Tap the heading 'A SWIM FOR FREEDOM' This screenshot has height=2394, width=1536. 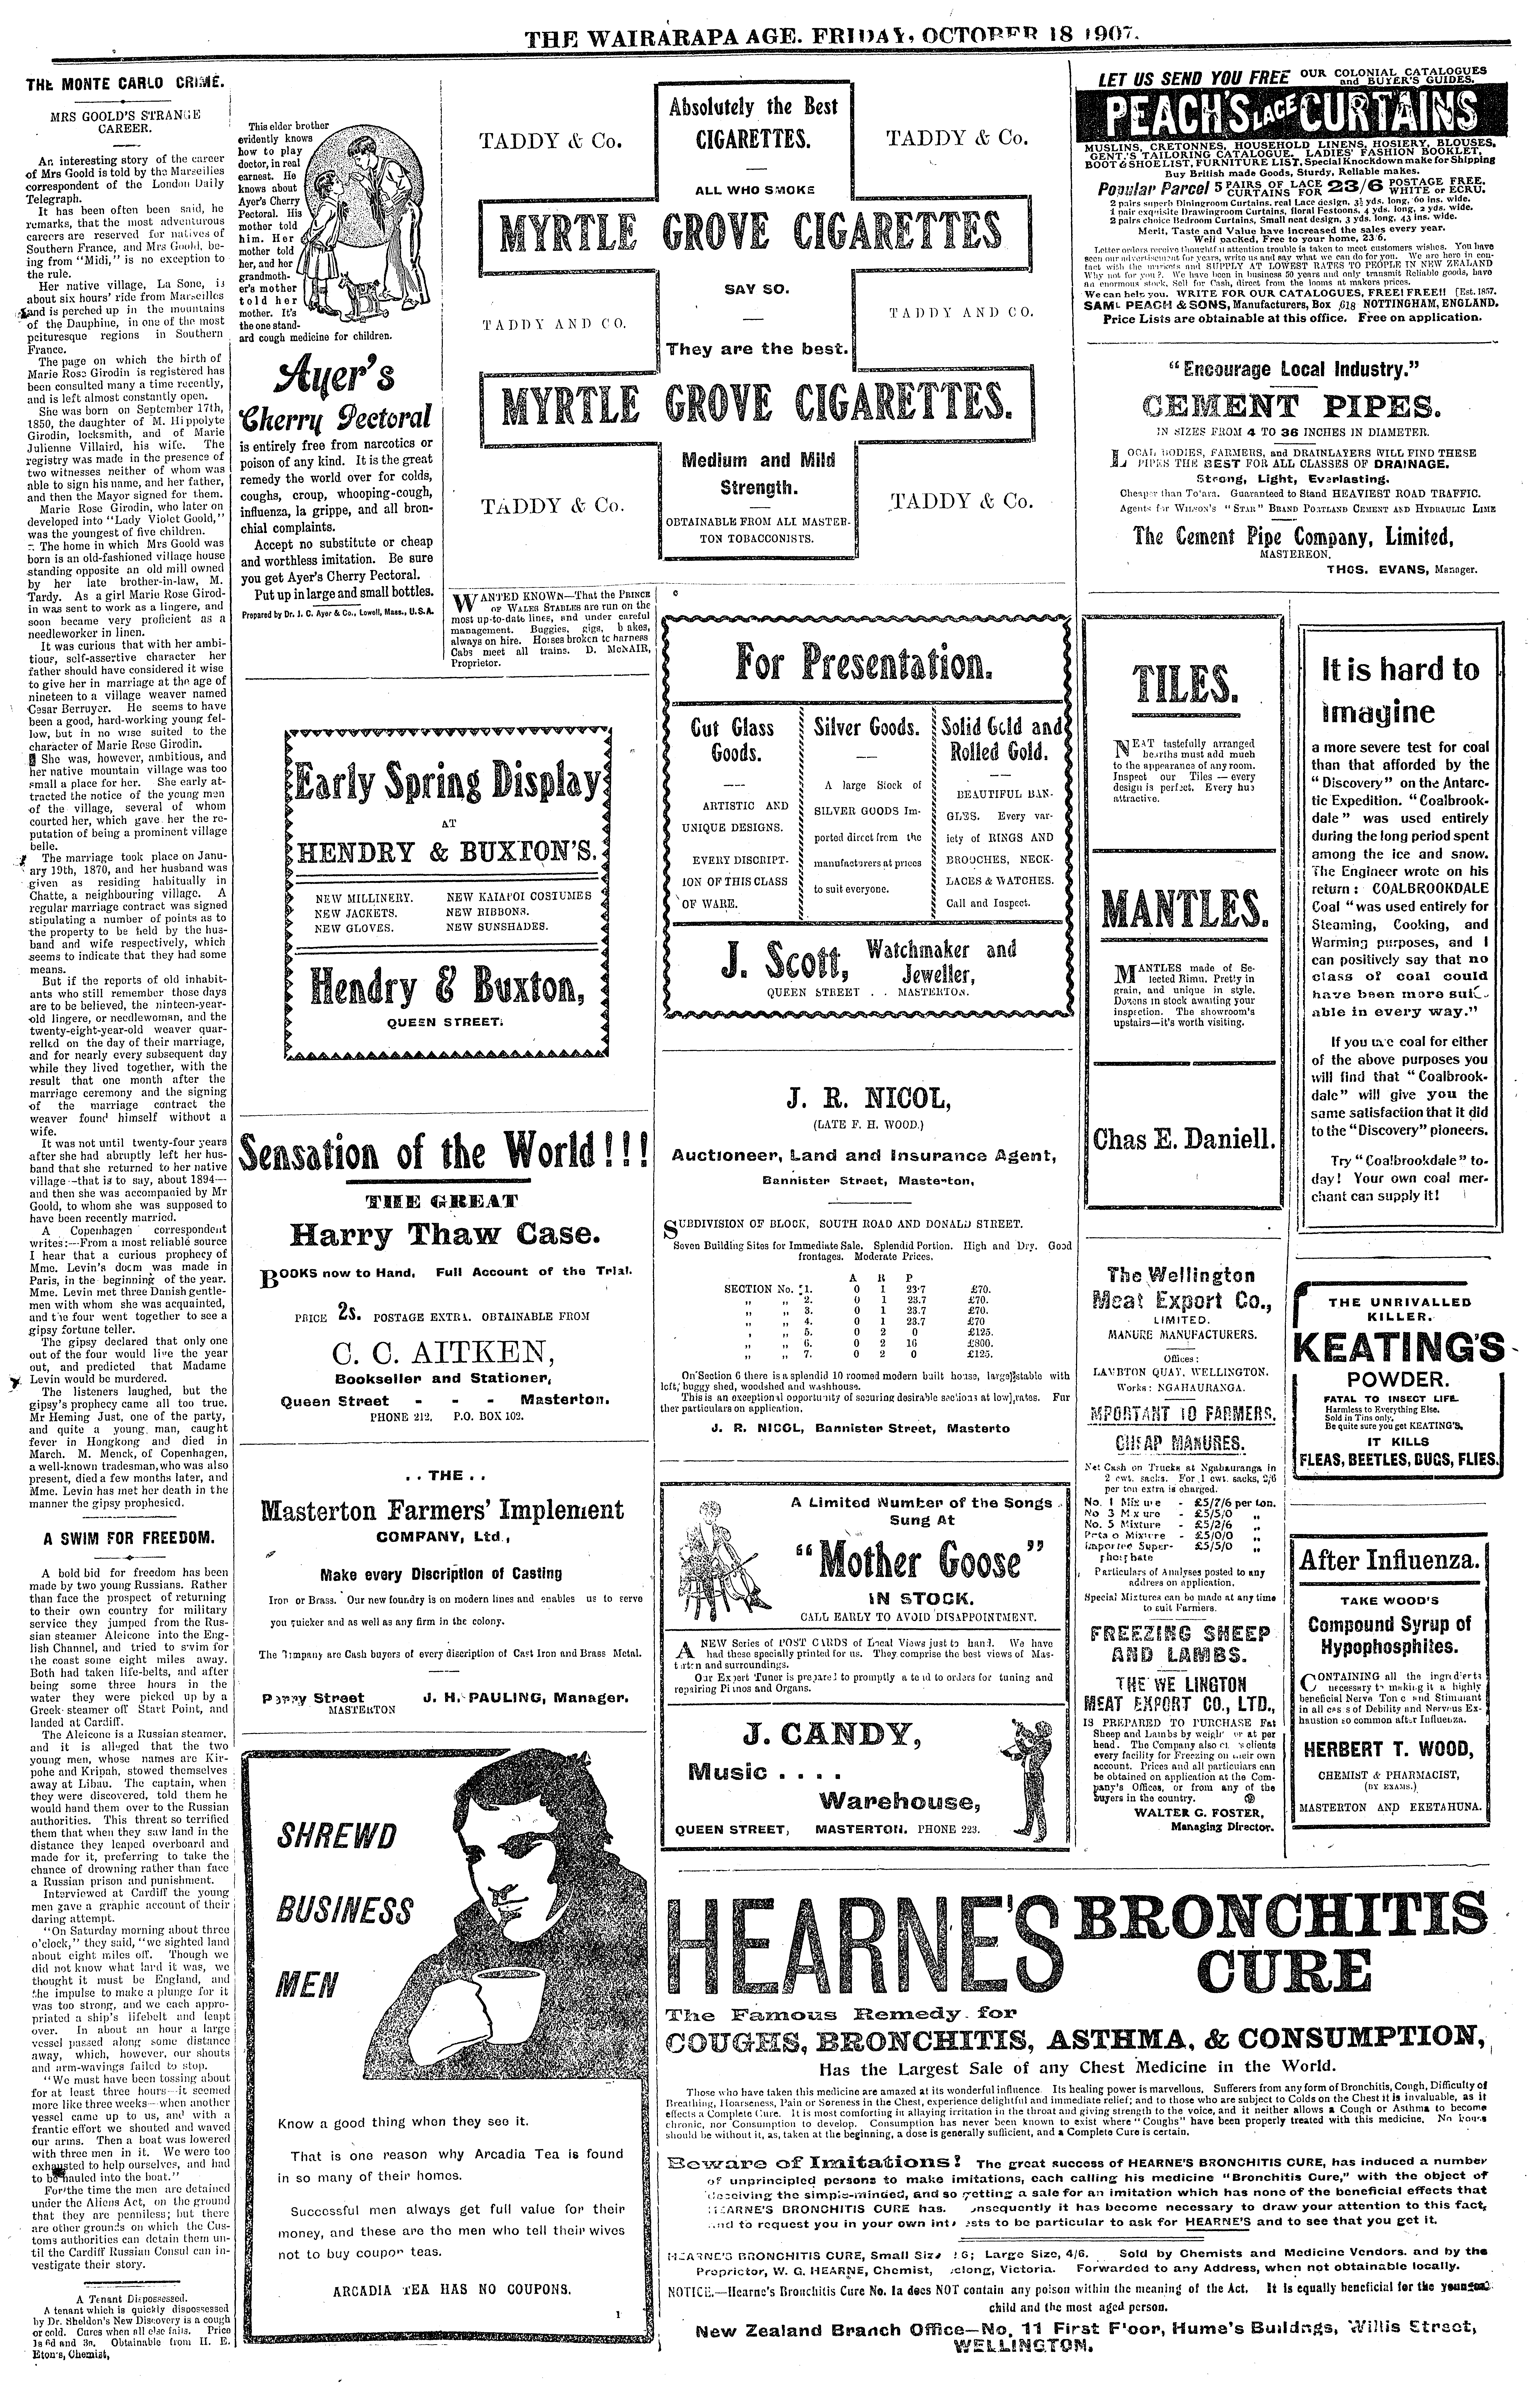124,1538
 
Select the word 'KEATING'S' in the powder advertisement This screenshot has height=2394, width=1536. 1397,1349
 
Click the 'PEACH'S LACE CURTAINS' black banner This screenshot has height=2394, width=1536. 1284,115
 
